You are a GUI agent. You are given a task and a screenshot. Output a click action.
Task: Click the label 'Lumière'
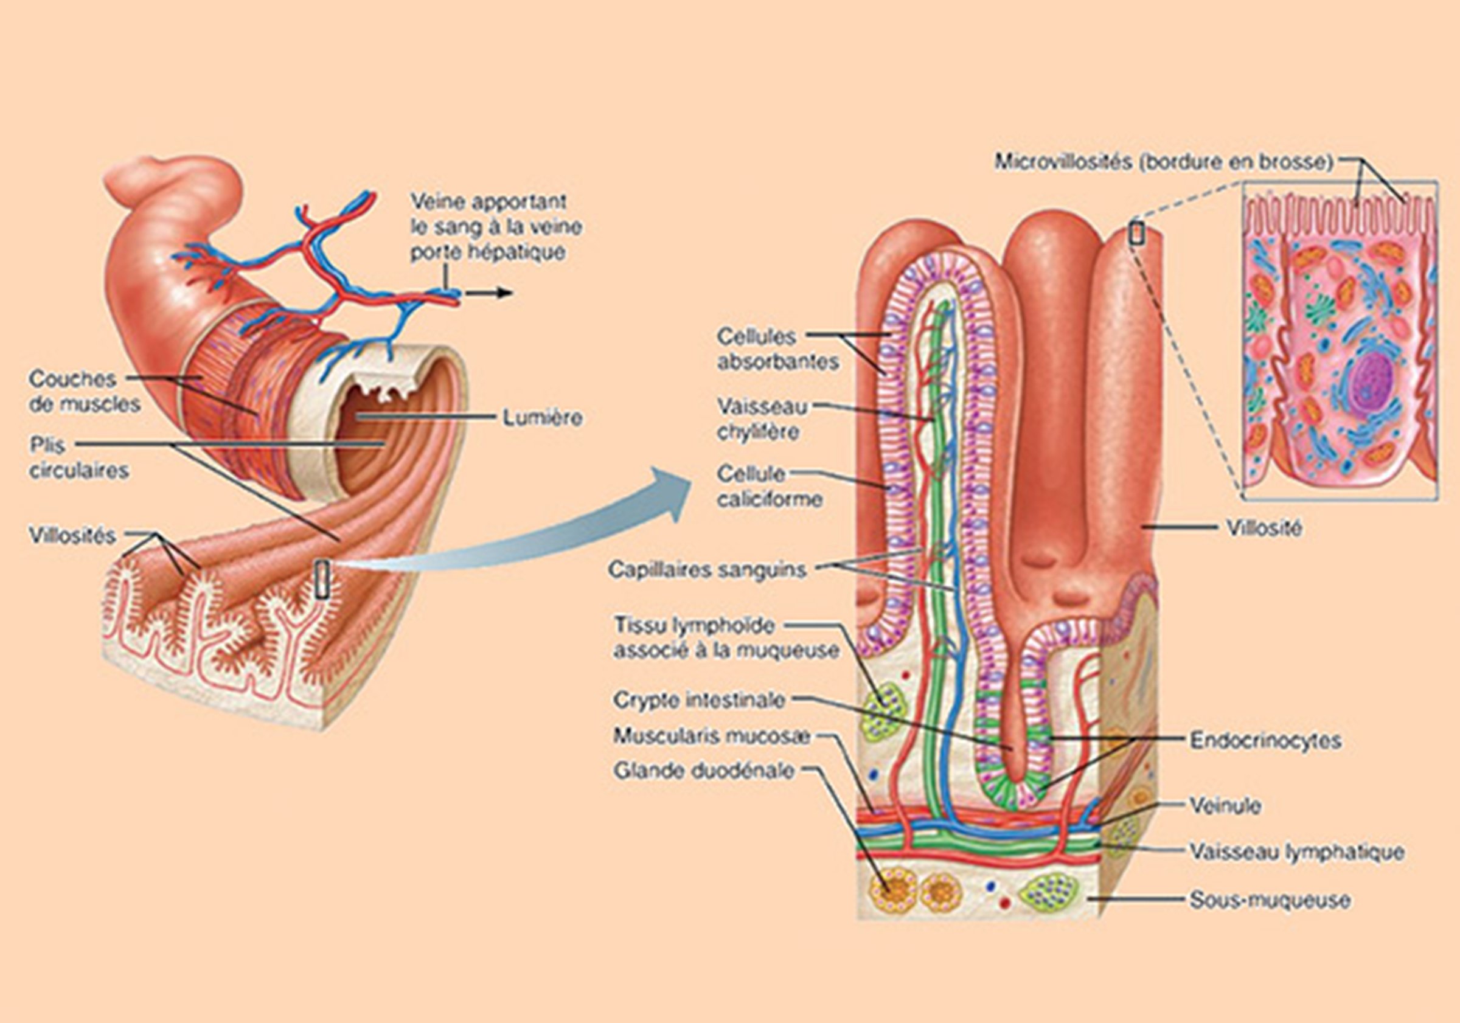pos(542,418)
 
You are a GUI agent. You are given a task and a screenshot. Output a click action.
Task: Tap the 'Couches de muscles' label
pos(84,392)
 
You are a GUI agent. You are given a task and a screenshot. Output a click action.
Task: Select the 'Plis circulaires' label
pos(79,458)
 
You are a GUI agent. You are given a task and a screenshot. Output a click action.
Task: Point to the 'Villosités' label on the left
pos(72,536)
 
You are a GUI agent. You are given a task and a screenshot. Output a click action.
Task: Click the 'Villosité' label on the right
pos(1263,528)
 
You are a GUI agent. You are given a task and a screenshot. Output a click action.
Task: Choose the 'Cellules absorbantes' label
pos(778,349)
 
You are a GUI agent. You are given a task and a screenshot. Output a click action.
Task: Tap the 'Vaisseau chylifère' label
pos(761,419)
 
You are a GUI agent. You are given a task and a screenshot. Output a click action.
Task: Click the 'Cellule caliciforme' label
pos(770,487)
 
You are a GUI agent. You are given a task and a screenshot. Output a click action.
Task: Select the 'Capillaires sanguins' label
pos(707,570)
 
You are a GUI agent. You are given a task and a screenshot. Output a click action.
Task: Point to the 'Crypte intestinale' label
pos(700,700)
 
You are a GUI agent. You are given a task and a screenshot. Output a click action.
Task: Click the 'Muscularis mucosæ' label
pos(712,735)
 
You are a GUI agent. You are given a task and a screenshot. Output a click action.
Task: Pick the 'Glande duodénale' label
pos(704,771)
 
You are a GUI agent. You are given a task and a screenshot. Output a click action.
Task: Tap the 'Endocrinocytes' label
pos(1265,740)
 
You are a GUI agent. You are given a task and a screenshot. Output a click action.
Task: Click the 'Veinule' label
pos(1225,806)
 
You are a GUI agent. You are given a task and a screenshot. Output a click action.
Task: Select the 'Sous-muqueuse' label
pos(1270,900)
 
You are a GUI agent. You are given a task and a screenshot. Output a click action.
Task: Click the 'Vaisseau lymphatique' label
pos(1296,852)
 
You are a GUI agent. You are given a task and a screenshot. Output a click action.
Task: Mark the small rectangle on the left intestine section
pos(322,578)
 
